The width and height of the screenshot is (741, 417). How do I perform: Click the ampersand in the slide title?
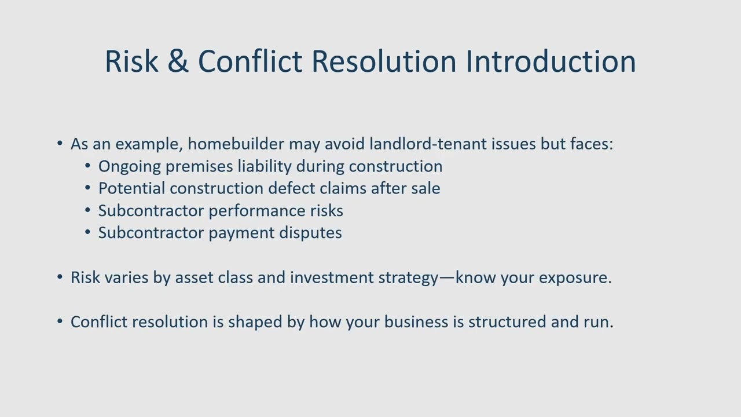click(x=178, y=61)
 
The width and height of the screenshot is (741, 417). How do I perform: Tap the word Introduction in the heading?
click(x=551, y=61)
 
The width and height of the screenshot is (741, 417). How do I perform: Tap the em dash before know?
click(x=447, y=277)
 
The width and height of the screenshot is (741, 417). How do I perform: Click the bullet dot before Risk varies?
click(x=60, y=277)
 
